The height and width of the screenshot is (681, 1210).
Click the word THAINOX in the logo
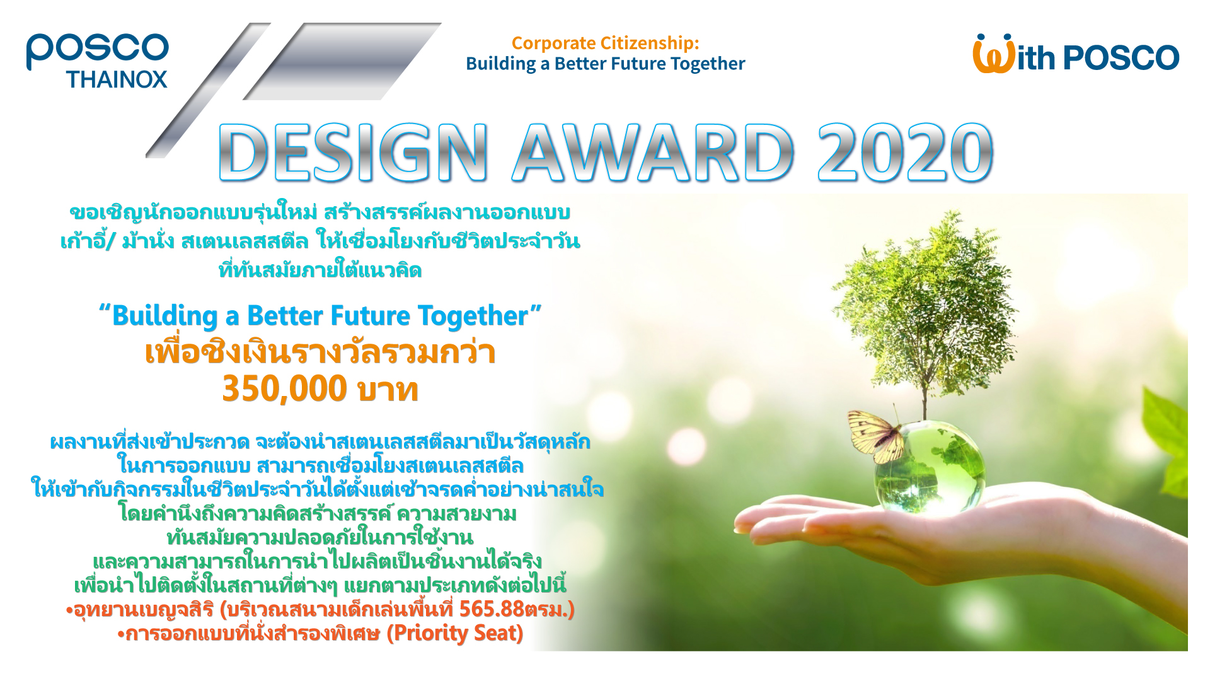tap(117, 79)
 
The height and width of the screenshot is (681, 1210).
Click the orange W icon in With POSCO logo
tap(994, 54)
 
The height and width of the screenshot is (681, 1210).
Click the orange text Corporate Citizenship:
tap(606, 43)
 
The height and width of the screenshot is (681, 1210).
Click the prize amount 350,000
tap(285, 388)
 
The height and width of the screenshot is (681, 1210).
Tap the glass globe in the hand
tap(928, 467)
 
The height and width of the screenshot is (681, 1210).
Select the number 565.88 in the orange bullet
tap(492, 609)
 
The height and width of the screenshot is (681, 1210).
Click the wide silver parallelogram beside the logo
tap(342, 61)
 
